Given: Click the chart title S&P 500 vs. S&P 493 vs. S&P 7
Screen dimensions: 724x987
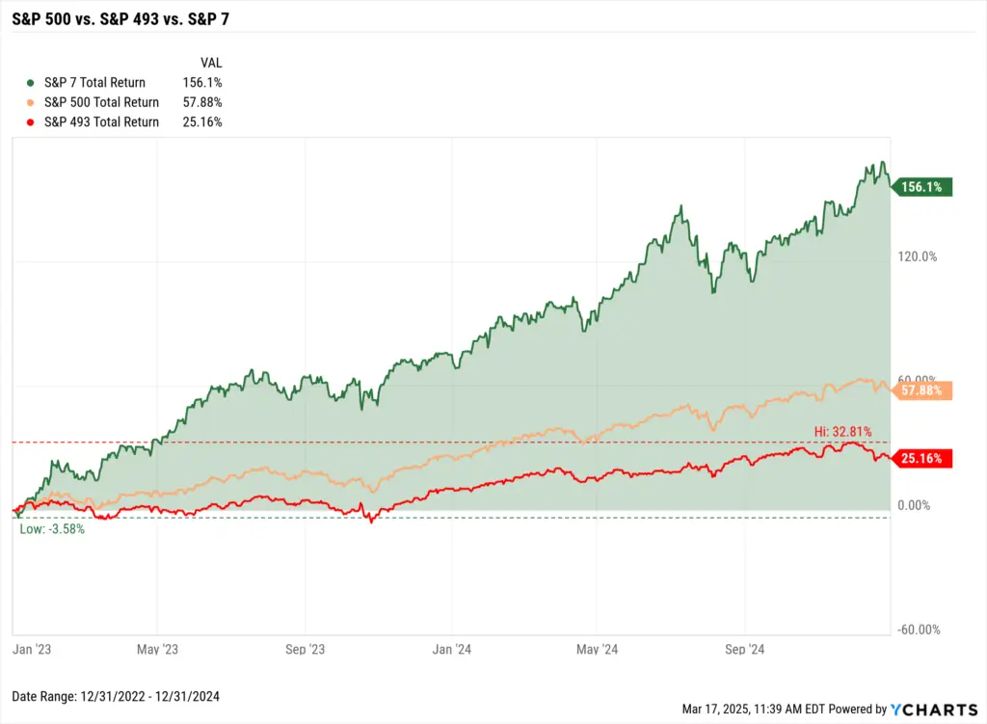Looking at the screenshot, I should pyautogui.click(x=120, y=17).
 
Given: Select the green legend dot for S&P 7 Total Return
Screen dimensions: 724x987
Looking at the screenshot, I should pyautogui.click(x=32, y=83).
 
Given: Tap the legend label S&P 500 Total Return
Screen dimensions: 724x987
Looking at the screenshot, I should pyautogui.click(x=101, y=102).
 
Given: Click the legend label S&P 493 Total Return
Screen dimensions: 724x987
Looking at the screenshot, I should pyautogui.click(x=101, y=122).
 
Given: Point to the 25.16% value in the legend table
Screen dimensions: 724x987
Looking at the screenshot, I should pyautogui.click(x=202, y=122).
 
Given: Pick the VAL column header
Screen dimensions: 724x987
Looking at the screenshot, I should pyautogui.click(x=211, y=62).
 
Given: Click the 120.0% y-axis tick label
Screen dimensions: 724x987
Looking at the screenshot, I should pyautogui.click(x=918, y=256).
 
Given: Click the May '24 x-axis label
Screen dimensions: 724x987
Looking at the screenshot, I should pyautogui.click(x=597, y=650).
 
